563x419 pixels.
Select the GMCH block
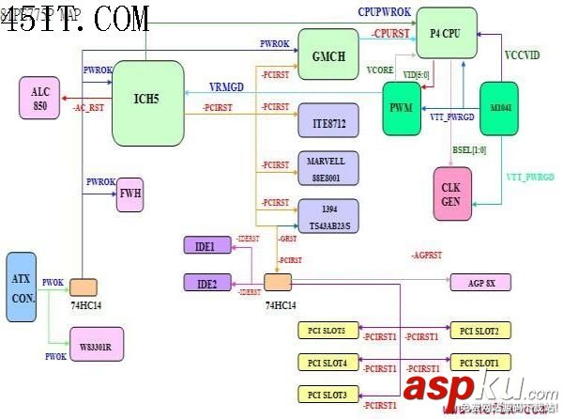coord(328,54)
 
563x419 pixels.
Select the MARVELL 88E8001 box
coord(326,167)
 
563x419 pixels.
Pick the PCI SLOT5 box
coord(327,331)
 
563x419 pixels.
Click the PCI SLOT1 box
coord(480,363)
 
